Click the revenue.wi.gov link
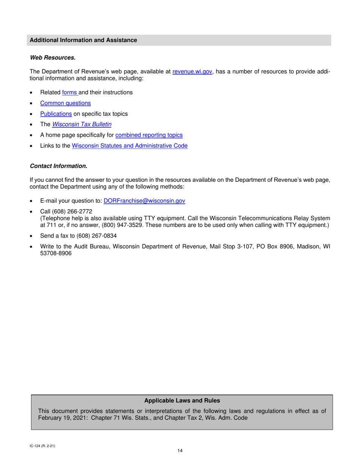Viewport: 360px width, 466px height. tap(192, 72)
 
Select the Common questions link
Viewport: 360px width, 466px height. tap(65, 103)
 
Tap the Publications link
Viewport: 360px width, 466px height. tap(56, 114)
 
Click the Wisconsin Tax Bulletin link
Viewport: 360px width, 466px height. tap(81, 124)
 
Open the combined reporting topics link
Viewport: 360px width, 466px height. tap(149, 135)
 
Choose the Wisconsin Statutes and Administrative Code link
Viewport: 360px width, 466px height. tap(130, 146)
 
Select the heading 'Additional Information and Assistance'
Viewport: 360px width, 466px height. tap(83, 40)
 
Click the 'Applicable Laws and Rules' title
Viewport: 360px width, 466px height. tap(182, 400)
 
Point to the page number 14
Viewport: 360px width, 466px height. tap(180, 450)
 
